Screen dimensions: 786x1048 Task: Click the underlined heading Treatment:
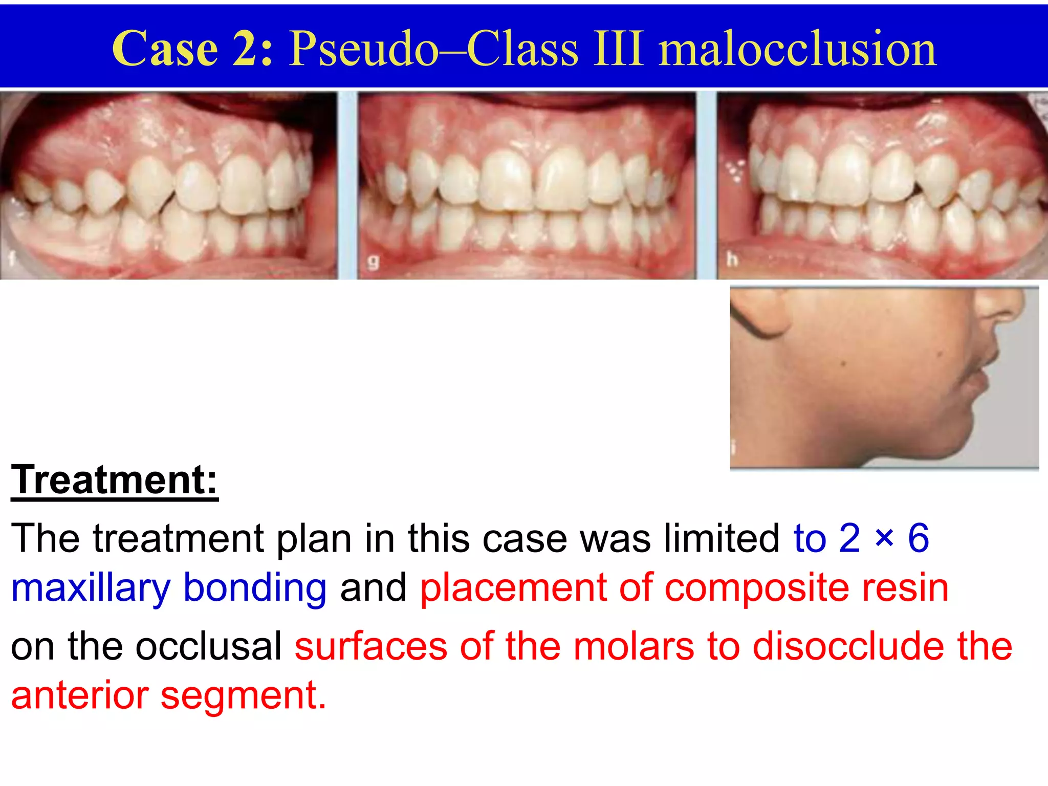115,480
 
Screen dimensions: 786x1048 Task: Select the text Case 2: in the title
192,49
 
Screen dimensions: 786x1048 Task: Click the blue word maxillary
91,588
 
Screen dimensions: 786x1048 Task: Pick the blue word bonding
255,588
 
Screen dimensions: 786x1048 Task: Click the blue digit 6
918,538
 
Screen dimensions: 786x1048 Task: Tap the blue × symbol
884,539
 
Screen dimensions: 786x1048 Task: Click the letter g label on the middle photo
374,263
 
